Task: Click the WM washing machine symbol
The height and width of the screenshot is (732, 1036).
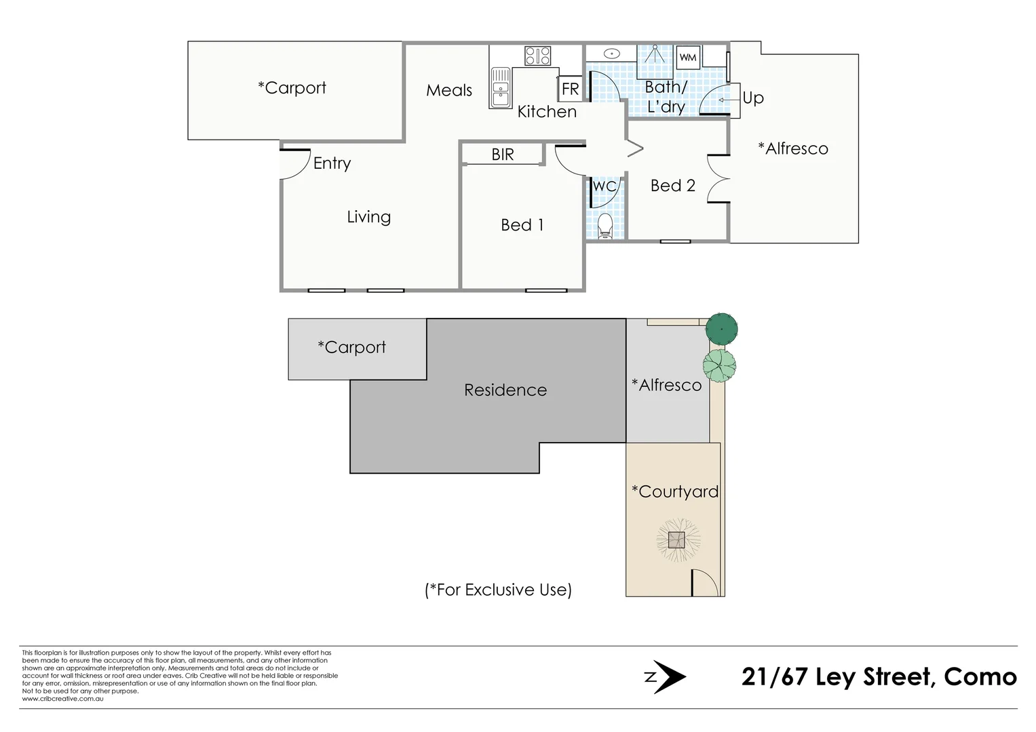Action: pyautogui.click(x=688, y=58)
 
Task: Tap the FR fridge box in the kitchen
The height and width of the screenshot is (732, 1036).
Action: pyautogui.click(x=571, y=89)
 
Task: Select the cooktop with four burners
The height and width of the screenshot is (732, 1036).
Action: pyautogui.click(x=537, y=56)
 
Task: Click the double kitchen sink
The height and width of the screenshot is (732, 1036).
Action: pyautogui.click(x=500, y=88)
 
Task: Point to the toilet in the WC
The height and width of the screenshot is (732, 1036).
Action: pyautogui.click(x=605, y=226)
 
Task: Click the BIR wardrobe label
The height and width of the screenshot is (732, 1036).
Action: pyautogui.click(x=503, y=155)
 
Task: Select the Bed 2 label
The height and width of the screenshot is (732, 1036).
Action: pyautogui.click(x=672, y=186)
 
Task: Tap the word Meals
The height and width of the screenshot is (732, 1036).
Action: pyautogui.click(x=449, y=90)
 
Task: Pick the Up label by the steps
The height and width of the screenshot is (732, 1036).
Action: pyautogui.click(x=753, y=98)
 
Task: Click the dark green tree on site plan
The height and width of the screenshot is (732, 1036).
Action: pyautogui.click(x=721, y=329)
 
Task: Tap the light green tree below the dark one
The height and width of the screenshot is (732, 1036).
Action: pyautogui.click(x=719, y=365)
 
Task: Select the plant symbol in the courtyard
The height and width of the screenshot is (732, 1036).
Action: pyautogui.click(x=677, y=540)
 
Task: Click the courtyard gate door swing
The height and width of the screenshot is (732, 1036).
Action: pyautogui.click(x=704, y=584)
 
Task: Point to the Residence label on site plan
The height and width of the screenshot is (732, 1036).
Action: pyautogui.click(x=505, y=390)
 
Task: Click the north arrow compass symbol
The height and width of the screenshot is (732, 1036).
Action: pyautogui.click(x=666, y=676)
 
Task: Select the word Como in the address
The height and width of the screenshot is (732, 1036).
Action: pyautogui.click(x=980, y=676)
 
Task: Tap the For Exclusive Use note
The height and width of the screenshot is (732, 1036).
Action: pyautogui.click(x=498, y=590)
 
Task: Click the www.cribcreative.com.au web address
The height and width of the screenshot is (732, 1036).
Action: pyautogui.click(x=62, y=699)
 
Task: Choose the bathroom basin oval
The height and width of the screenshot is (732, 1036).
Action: pyautogui.click(x=612, y=53)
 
